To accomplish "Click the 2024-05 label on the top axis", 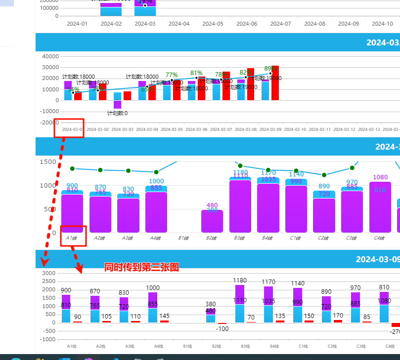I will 213,24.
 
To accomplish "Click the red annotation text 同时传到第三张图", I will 141,267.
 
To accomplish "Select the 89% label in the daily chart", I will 270,69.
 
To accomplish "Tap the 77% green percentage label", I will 172,75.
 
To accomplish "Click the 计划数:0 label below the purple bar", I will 117,113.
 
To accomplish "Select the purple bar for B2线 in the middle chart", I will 212,221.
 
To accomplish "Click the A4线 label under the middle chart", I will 156,238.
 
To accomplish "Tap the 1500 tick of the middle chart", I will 48,162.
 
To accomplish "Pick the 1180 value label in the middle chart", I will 240,172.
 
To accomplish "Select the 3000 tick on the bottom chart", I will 48,273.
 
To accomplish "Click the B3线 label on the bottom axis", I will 245,347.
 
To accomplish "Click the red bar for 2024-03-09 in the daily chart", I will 275,83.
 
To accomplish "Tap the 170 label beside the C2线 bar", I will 338,316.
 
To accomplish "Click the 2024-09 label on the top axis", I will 349,24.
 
